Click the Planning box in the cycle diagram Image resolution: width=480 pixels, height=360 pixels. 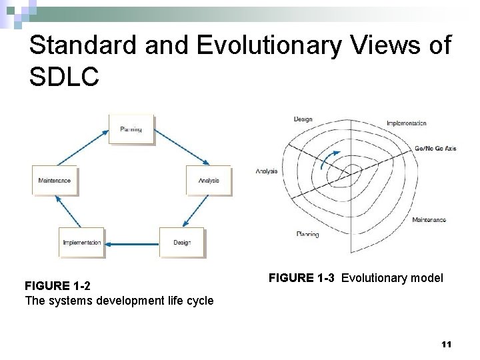[x=131, y=129]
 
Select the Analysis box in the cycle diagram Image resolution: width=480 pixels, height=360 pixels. [x=208, y=181]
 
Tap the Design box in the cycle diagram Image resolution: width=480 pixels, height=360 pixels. [x=182, y=243]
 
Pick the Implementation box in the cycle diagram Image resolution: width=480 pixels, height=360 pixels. [x=82, y=243]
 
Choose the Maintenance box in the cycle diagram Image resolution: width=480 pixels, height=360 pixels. [x=55, y=181]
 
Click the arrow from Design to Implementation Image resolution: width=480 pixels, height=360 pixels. [x=133, y=243]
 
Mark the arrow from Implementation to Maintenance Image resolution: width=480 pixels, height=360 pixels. [x=68, y=212]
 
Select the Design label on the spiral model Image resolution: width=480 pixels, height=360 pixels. [x=303, y=120]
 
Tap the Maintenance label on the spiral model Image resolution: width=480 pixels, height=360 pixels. [x=429, y=219]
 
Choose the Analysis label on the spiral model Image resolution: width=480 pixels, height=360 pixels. [x=266, y=171]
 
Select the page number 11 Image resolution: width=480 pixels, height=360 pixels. [x=446, y=344]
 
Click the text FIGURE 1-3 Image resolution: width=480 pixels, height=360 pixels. [x=303, y=278]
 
